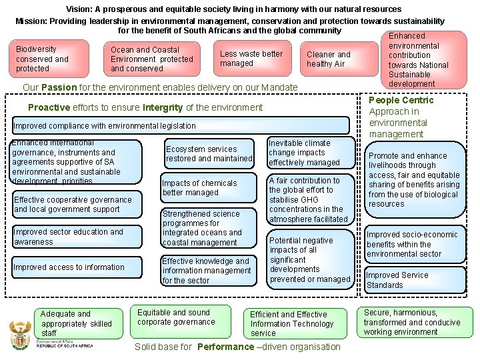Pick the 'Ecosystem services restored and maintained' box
pos(209,154)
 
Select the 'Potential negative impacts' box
pos(309,259)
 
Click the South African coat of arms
pos(19,333)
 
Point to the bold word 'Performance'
pos(224,347)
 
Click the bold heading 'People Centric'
pos(401,100)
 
